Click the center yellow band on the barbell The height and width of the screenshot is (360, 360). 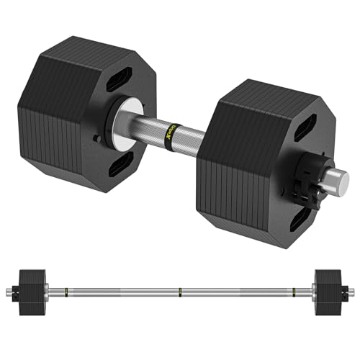(180, 291)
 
